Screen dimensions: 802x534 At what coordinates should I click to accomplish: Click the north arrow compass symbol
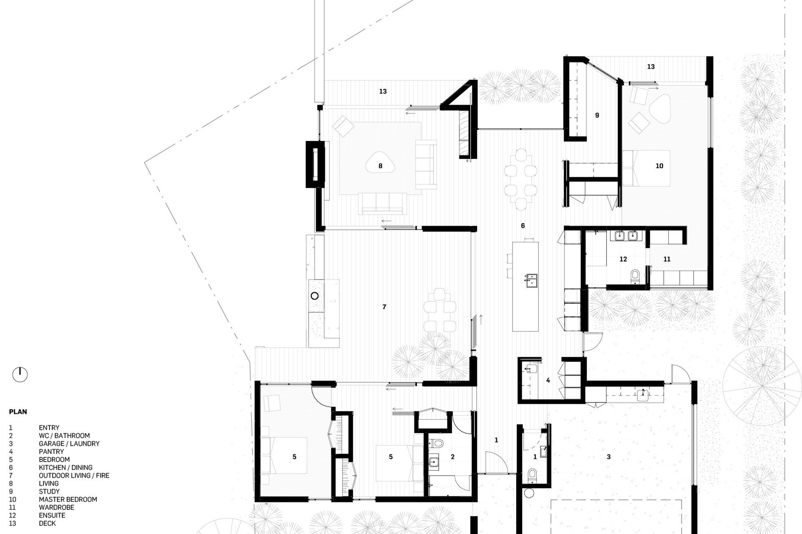coord(20,374)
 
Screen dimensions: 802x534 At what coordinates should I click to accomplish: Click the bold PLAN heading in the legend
coord(18,412)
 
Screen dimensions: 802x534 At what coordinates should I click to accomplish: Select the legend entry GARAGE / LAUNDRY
coord(69,443)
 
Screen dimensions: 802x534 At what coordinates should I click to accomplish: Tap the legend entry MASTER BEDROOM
coord(68,499)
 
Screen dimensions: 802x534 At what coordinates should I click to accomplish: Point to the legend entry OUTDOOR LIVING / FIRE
coord(74,476)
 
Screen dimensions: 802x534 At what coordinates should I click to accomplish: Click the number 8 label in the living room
coord(380,166)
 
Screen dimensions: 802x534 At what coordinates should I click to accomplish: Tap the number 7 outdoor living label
coord(384,307)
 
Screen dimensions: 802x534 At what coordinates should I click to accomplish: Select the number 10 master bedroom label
coord(659,166)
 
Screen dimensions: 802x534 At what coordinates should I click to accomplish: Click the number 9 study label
coord(597,115)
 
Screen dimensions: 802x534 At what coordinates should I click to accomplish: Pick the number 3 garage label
coord(609,457)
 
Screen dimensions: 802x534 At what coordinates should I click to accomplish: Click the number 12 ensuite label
coord(623,259)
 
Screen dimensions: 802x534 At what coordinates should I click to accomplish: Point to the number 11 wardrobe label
coord(667,259)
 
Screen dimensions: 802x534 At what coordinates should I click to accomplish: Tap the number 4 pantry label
coord(548,380)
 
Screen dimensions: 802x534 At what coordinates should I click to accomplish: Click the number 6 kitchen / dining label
coord(523,226)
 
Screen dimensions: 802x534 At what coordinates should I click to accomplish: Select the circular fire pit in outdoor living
coord(315,296)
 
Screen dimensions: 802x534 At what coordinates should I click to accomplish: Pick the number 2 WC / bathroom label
coord(452,457)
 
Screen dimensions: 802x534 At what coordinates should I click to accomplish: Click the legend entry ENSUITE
coord(52,515)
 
